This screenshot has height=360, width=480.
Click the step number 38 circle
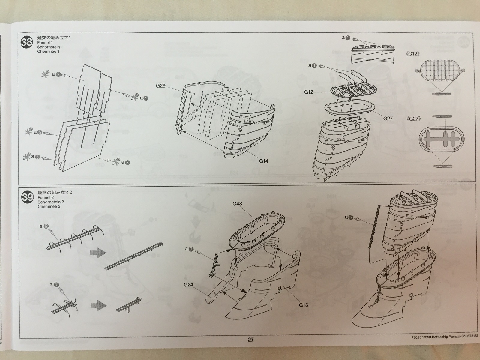[26, 42]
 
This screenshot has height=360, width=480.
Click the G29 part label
[160, 86]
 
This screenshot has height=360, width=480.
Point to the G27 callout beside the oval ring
[388, 118]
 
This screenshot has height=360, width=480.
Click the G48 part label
[237, 204]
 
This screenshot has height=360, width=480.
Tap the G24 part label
[188, 285]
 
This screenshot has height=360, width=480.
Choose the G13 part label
[303, 305]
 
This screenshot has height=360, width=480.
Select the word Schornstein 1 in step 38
[50, 47]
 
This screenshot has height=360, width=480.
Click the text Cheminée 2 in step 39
[49, 206]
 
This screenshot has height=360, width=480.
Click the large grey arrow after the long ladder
[98, 252]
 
